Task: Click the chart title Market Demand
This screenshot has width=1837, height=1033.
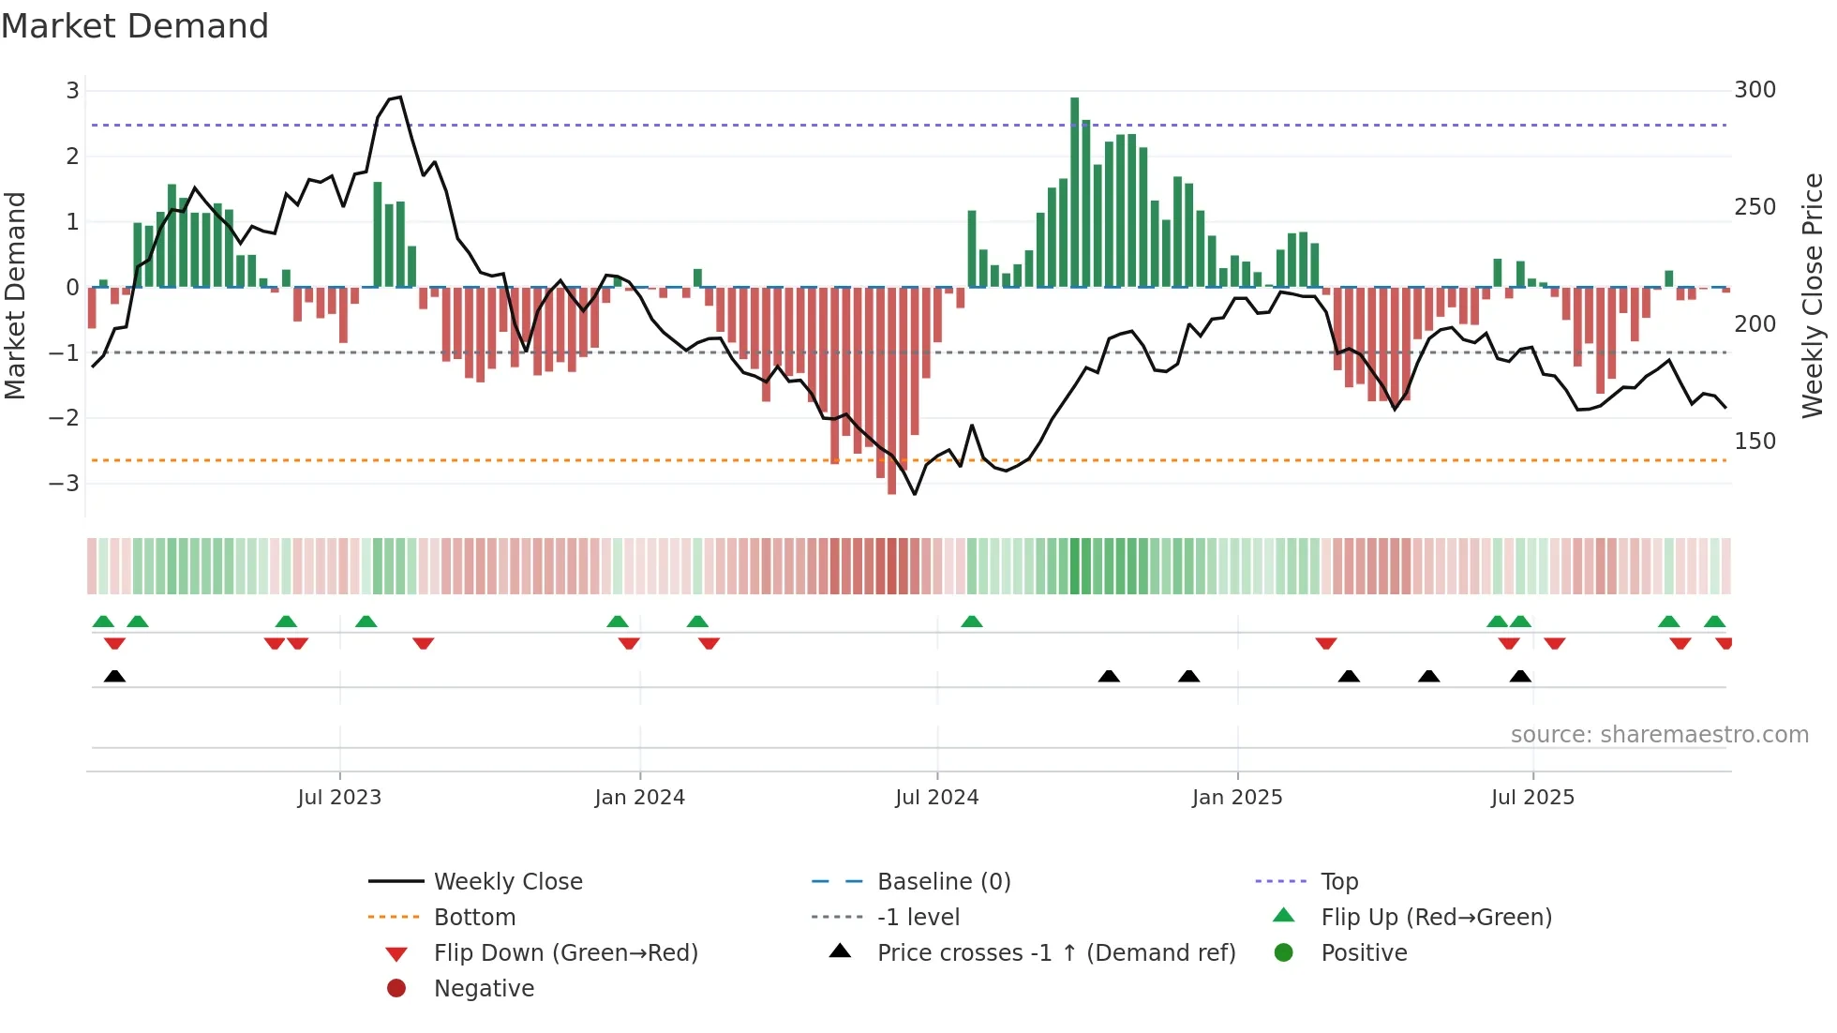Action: (x=135, y=26)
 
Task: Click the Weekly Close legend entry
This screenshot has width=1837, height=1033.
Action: (x=507, y=881)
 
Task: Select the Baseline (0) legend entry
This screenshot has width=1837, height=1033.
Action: (x=943, y=881)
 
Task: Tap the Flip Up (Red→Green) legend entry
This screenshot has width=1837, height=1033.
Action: (x=1435, y=917)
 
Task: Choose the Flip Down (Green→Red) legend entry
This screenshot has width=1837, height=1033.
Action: (x=565, y=952)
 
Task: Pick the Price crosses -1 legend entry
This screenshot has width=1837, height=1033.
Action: (x=1055, y=952)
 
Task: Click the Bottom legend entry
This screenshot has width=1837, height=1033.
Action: (x=474, y=917)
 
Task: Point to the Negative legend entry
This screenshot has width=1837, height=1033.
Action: (x=484, y=988)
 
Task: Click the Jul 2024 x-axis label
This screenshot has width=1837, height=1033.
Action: (x=936, y=797)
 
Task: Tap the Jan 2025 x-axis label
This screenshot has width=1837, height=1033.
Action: (x=1236, y=797)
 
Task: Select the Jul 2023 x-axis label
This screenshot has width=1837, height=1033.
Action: (x=339, y=797)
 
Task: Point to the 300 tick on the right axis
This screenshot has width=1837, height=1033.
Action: (x=1755, y=90)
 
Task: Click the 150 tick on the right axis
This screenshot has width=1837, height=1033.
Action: (x=1755, y=441)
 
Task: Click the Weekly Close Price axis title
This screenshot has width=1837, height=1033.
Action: (x=1813, y=295)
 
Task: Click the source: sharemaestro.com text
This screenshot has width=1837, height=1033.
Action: (x=1659, y=734)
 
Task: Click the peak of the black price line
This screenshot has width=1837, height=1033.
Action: (x=400, y=97)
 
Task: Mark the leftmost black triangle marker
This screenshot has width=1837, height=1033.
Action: (x=114, y=676)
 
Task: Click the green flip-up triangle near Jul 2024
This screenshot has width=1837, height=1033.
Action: (x=972, y=621)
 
